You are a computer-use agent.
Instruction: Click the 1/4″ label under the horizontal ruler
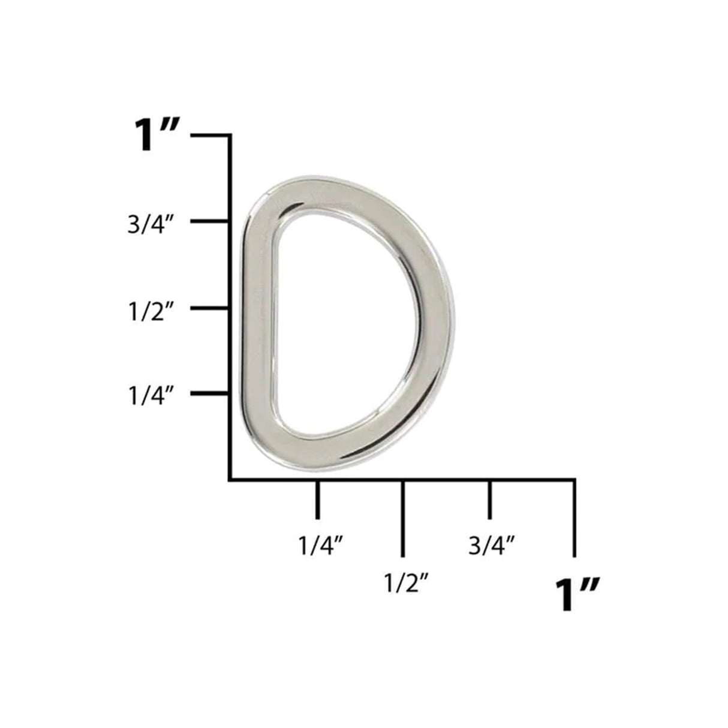pyautogui.click(x=320, y=546)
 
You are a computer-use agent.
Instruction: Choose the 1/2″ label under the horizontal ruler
pyautogui.click(x=405, y=582)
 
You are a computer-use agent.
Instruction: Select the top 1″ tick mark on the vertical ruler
pyautogui.click(x=210, y=136)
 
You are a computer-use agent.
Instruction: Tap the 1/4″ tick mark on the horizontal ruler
pyautogui.click(x=317, y=499)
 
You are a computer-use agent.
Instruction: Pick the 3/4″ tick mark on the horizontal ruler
pyautogui.click(x=490, y=499)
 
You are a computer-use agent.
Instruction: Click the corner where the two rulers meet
pyautogui.click(x=230, y=479)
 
